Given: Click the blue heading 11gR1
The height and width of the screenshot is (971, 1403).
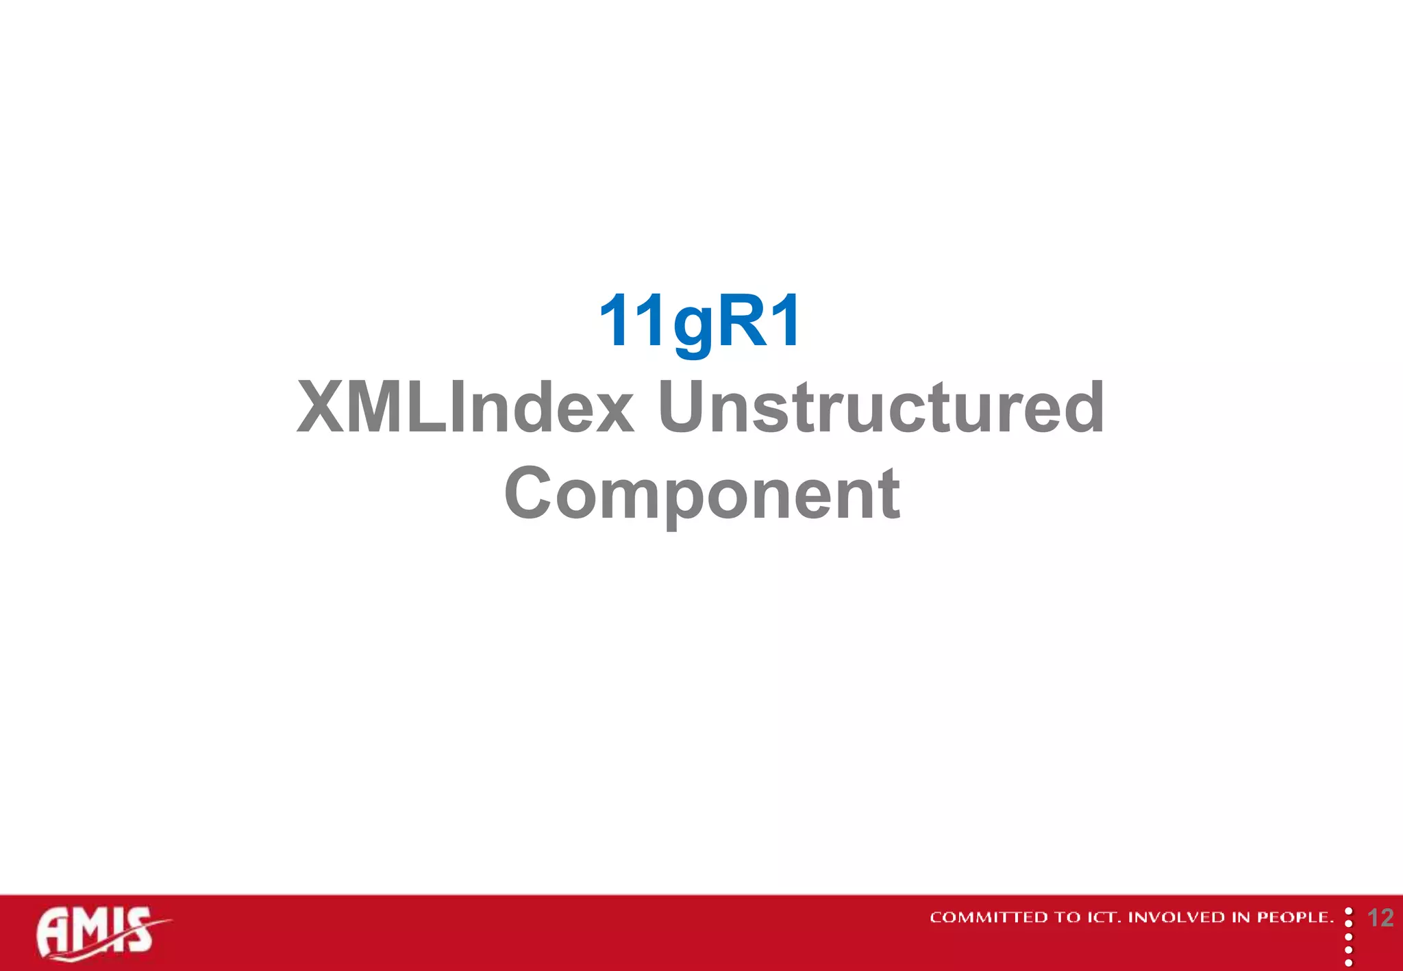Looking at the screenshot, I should tap(699, 321).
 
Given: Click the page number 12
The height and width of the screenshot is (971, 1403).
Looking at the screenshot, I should tap(1380, 918).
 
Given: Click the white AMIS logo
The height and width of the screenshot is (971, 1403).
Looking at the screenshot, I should tap(96, 932).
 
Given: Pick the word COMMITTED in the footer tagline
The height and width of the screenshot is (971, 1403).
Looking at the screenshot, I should tap(989, 918).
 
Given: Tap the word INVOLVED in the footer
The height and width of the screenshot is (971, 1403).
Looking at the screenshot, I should tap(1176, 918).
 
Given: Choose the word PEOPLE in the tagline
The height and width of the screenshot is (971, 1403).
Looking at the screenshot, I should tap(1294, 918).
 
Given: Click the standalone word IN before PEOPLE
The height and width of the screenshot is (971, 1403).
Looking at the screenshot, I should tap(1241, 918).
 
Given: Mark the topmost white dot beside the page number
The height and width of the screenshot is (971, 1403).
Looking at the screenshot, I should tap(1348, 911).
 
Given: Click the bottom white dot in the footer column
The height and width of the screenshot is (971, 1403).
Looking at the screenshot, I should tap(1348, 963).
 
